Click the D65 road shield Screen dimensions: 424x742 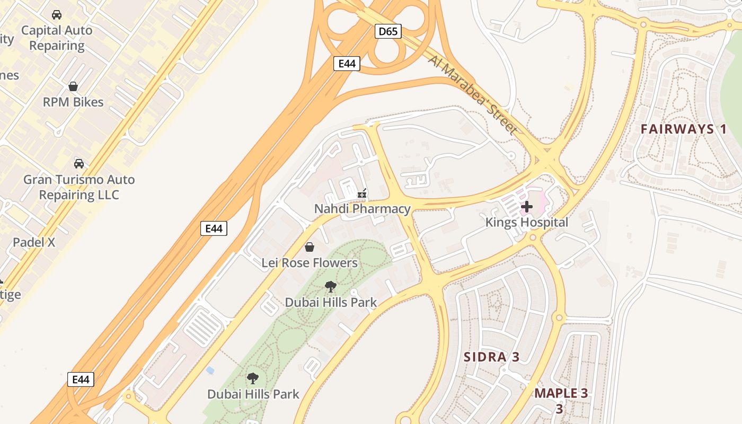coord(388,32)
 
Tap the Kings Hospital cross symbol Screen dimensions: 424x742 coord(527,207)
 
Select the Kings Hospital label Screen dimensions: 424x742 coord(527,223)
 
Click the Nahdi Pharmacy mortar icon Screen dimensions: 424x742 coord(363,194)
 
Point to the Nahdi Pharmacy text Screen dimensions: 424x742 coord(363,209)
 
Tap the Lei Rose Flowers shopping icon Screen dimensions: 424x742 coord(310,247)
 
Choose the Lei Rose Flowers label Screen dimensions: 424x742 coord(310,263)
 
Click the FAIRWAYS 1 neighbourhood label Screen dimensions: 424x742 coord(684,129)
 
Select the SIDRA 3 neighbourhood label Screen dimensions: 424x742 coord(492,357)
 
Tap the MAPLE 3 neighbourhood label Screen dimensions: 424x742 coord(561,394)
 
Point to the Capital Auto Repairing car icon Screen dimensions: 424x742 coord(57,15)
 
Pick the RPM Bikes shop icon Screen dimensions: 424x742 coord(73,86)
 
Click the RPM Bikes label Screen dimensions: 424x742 coord(73,102)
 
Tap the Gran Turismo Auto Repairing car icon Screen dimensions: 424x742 coord(79,163)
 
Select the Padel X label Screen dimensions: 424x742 coord(34,243)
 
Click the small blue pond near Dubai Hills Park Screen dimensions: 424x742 coord(210,370)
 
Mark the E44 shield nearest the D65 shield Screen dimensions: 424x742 coord(347,64)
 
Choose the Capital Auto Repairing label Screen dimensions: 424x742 coord(57,38)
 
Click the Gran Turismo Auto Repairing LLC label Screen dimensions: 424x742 coord(79,187)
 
